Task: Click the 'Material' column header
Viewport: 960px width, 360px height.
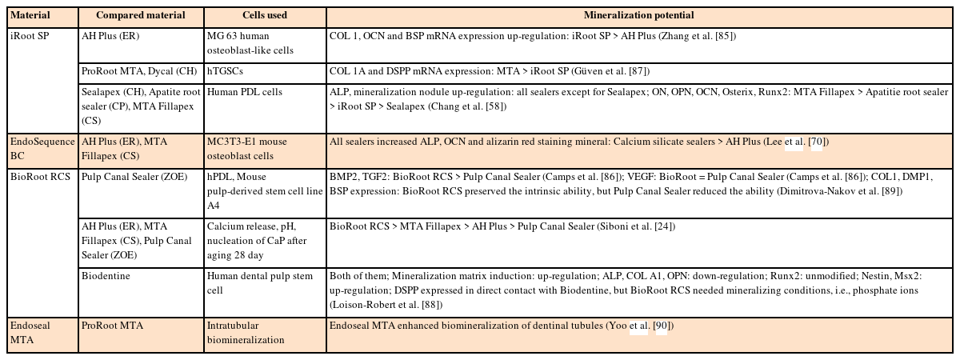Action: click(x=30, y=15)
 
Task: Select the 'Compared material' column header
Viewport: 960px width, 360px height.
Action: click(x=141, y=15)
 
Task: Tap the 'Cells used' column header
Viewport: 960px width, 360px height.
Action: click(x=265, y=15)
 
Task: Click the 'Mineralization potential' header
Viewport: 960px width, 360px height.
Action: click(x=638, y=15)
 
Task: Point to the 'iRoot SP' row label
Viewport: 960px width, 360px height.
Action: click(x=30, y=36)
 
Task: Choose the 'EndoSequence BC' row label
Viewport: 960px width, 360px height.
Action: click(x=42, y=149)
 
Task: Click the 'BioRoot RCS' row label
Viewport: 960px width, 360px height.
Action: click(x=40, y=177)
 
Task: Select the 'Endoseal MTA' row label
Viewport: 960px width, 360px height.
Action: click(x=30, y=333)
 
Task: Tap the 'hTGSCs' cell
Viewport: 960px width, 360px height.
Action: click(x=225, y=71)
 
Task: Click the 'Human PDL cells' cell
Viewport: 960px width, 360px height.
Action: click(x=245, y=92)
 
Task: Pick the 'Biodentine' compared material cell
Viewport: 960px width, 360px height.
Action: click(x=106, y=276)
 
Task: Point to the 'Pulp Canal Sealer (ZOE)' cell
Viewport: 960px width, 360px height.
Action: click(x=134, y=177)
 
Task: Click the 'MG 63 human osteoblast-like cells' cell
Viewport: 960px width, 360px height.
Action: click(x=250, y=43)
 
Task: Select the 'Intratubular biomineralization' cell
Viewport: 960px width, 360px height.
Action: click(x=246, y=333)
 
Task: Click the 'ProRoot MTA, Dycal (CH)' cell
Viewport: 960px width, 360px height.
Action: click(x=139, y=71)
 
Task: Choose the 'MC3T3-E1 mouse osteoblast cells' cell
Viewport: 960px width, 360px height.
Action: click(x=247, y=149)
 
